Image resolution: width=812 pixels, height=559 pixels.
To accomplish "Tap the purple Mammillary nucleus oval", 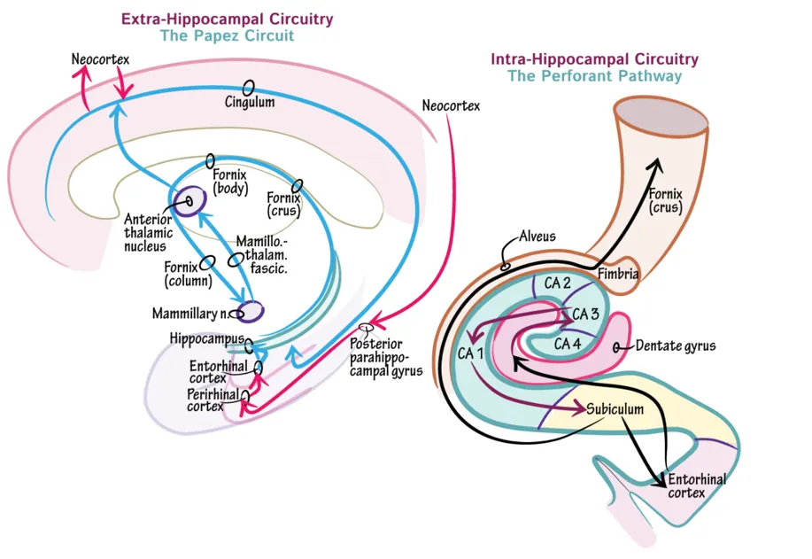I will (251, 311).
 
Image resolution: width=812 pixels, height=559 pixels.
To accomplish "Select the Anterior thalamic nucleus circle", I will (189, 200).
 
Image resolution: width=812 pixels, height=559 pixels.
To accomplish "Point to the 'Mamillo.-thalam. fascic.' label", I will (263, 254).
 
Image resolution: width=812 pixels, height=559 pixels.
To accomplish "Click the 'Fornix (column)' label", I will (187, 276).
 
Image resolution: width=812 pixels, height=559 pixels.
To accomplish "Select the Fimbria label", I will (618, 275).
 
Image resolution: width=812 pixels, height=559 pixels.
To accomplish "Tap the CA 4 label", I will (568, 343).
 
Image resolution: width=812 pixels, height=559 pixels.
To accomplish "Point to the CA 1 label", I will (470, 353).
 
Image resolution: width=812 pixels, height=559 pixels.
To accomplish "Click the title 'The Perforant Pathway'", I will (594, 76).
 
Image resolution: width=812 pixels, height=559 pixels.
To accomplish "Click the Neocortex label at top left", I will (100, 59).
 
